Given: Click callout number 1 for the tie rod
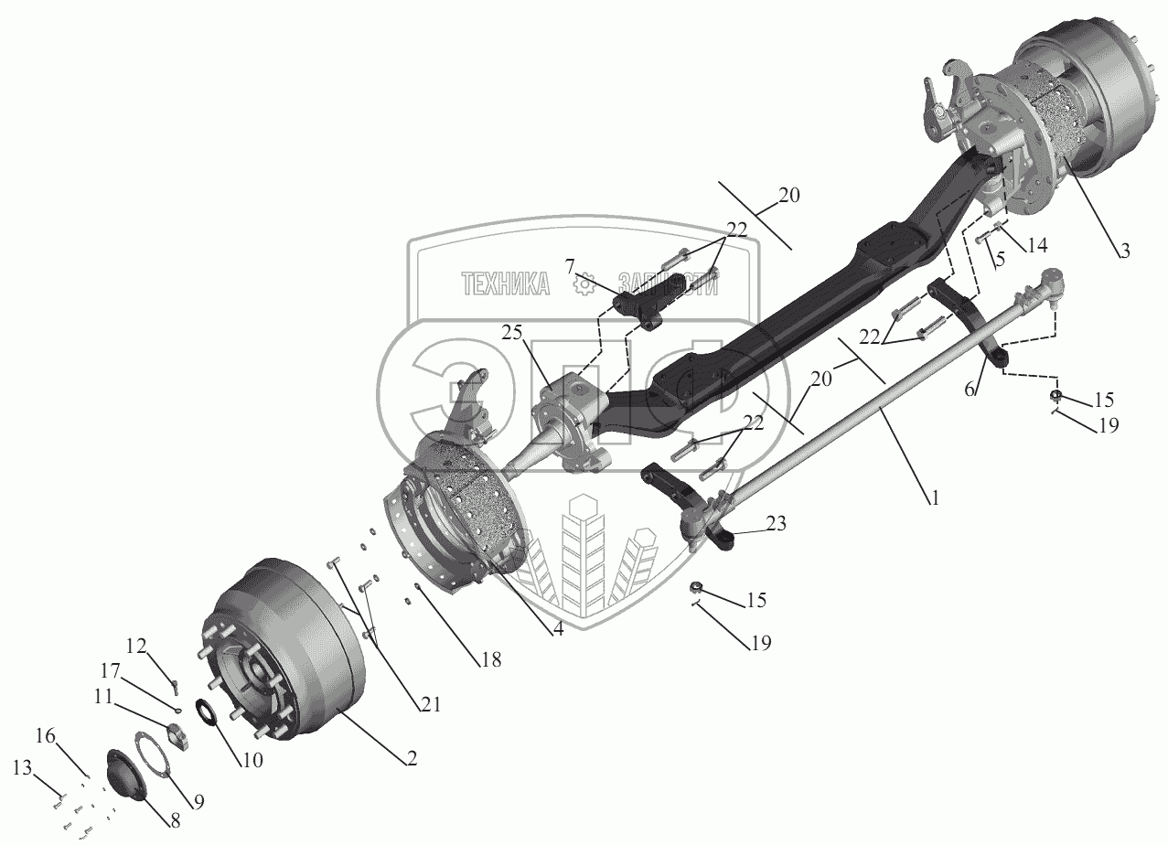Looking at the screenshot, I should tap(933, 499).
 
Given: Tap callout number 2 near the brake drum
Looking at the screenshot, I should tap(412, 758).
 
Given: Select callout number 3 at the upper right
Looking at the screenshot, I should tap(1124, 250).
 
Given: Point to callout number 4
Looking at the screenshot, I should tap(557, 629).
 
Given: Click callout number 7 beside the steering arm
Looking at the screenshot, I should tap(570, 266).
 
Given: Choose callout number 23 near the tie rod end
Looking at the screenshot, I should tap(776, 524).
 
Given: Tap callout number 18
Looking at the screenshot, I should tap(492, 659).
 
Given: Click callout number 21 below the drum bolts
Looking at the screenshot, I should tap(430, 705).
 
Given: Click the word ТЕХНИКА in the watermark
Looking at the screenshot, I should tap(506, 284).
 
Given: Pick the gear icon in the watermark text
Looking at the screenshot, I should tap(583, 284).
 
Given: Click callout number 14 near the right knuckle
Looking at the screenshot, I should tap(1036, 244).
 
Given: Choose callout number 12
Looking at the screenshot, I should tap(135, 646).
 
